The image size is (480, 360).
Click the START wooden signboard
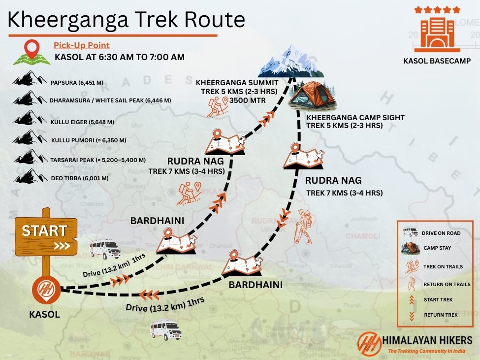45,234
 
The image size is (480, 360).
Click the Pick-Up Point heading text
81,45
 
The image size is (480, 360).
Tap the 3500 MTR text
250,100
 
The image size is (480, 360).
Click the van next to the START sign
105,249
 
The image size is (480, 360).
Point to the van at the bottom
165,328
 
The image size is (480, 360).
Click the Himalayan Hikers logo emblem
370,344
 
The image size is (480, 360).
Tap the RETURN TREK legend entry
440,315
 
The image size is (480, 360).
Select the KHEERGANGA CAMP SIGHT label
355,118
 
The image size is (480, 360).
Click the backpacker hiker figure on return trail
303,227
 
